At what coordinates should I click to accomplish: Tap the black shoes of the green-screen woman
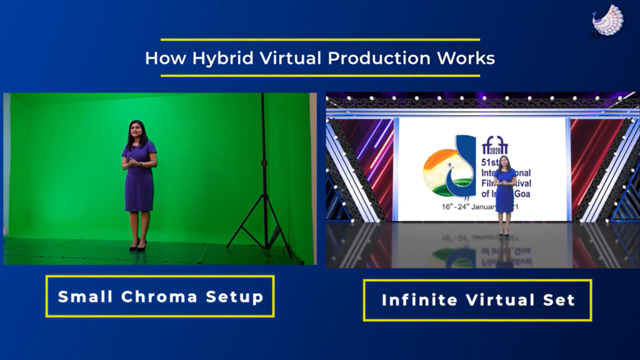point(137,247)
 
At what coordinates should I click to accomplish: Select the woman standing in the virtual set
point(504,194)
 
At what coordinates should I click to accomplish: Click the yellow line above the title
point(320,39)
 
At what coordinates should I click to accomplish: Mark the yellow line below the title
point(320,76)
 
